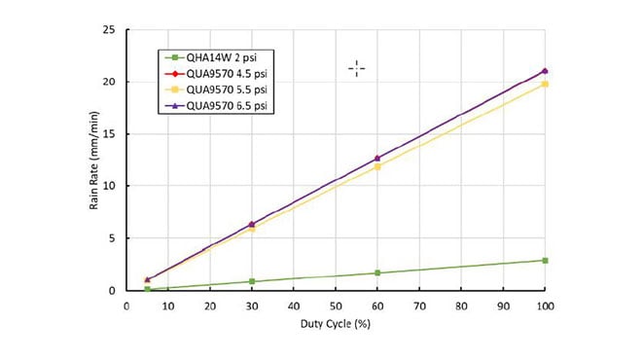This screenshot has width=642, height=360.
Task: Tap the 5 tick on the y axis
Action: [114, 238]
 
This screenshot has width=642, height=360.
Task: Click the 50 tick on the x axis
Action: [336, 306]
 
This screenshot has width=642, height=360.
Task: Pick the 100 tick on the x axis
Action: [545, 306]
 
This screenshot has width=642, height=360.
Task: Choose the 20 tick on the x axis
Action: [210, 306]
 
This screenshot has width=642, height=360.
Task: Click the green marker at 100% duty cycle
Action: [545, 261]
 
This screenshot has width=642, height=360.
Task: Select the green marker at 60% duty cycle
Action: [377, 273]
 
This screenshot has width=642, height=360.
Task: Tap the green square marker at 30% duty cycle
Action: [252, 282]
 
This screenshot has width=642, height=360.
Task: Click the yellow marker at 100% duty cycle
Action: [545, 85]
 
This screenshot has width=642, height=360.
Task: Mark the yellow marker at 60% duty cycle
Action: [377, 167]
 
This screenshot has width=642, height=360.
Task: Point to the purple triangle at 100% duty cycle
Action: [545, 71]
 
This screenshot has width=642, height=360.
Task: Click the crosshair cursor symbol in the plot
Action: [357, 68]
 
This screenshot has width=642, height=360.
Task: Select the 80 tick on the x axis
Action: [461, 306]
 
